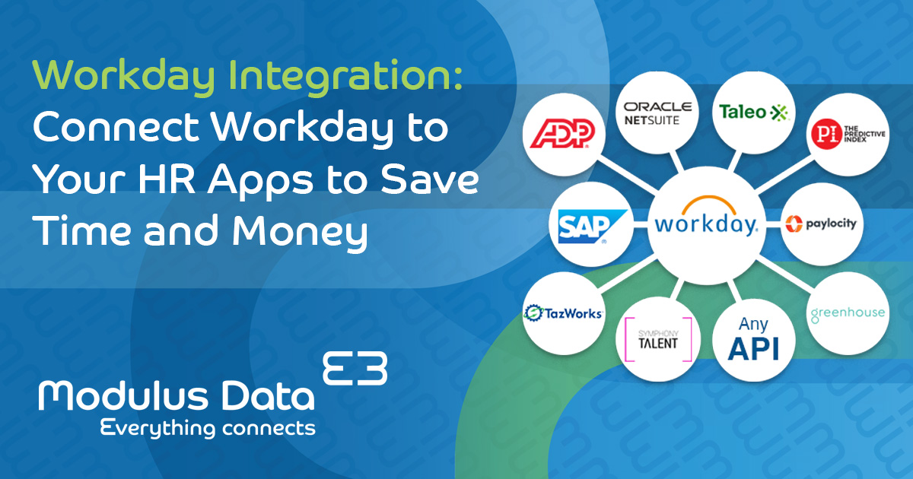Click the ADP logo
(x=562, y=134)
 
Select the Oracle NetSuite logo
(x=657, y=113)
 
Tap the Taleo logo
(x=754, y=112)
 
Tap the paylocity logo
(x=821, y=224)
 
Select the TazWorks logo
(x=563, y=313)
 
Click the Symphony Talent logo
(x=658, y=339)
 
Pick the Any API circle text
(x=753, y=339)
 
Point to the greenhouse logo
(x=848, y=314)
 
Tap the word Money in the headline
(x=300, y=231)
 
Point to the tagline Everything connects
(x=208, y=429)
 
